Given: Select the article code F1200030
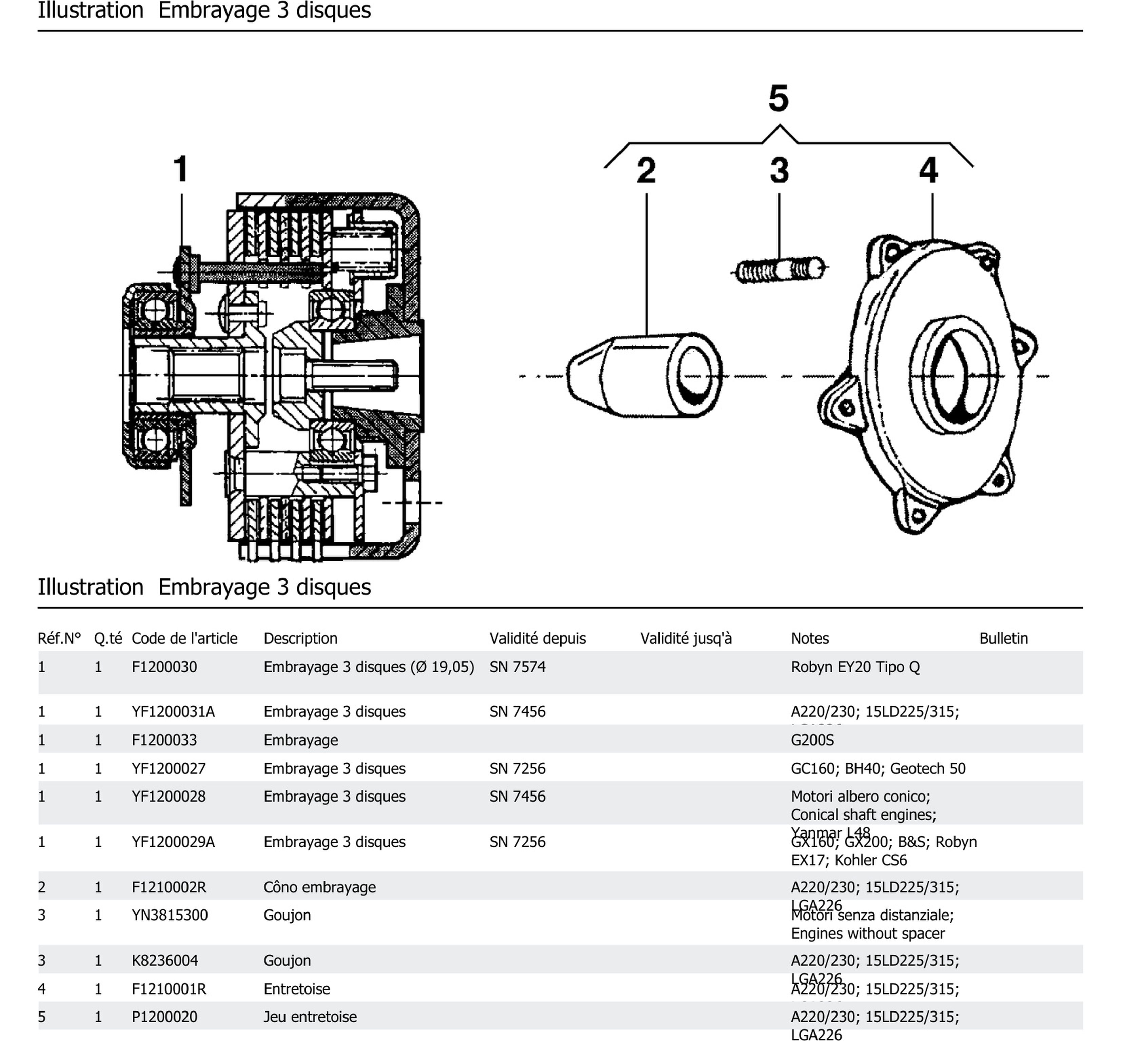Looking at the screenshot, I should [x=164, y=667].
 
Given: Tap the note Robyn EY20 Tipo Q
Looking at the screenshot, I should [x=854, y=667].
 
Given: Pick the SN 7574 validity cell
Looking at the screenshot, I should [x=517, y=667].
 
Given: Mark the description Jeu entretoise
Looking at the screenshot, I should [x=310, y=1017].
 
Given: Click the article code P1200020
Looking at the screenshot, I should [x=164, y=1017].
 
